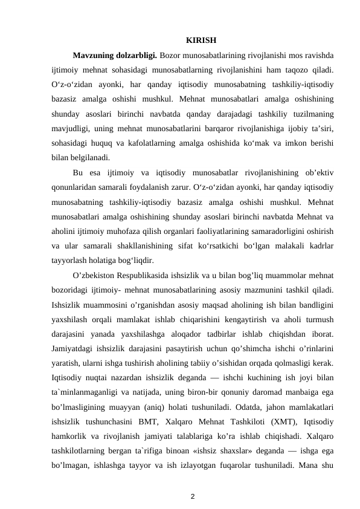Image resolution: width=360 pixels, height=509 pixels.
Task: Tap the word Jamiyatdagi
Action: [x=72, y=349]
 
